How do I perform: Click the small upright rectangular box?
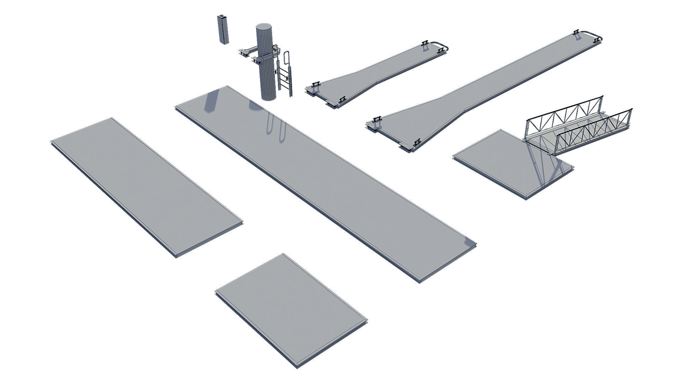[x=222, y=30]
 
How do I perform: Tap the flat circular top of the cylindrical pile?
[x=264, y=27]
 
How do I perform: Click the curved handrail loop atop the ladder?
[x=288, y=57]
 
